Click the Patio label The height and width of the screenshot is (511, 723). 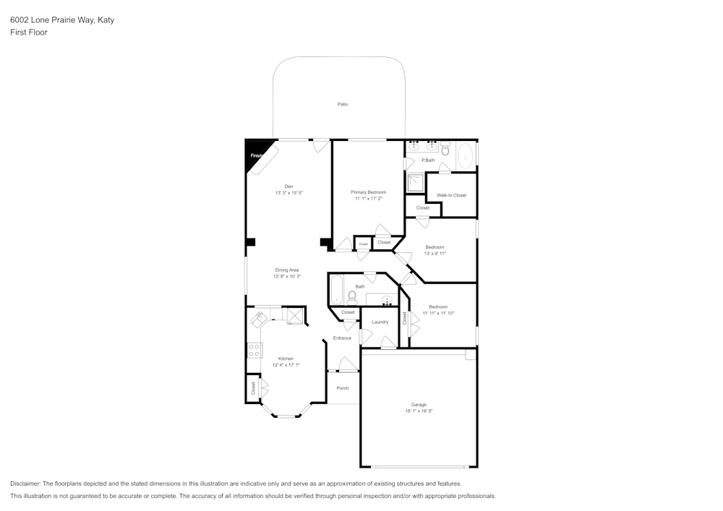coord(343,104)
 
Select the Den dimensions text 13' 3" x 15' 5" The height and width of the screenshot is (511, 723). coord(288,193)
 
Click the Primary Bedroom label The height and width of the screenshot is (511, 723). coord(368,192)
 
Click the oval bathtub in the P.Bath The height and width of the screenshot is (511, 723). coord(466,155)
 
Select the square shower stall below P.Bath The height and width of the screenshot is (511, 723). coord(415,183)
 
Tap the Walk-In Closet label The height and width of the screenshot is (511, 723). coord(451,195)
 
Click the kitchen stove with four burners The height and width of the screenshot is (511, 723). coord(254,351)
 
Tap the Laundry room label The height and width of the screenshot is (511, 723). coord(380,322)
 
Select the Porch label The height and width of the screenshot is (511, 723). coord(343,388)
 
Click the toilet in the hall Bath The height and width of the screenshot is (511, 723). coord(352,296)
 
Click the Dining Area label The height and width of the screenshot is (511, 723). coord(286,270)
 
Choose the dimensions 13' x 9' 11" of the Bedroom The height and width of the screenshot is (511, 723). coord(435,254)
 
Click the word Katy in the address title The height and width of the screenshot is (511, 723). coord(106,20)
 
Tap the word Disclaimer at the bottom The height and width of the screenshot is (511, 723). coord(26,484)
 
